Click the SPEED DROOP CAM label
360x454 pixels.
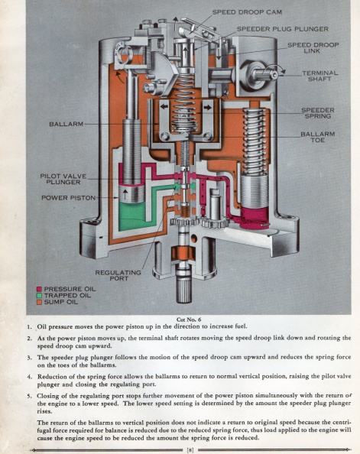(247, 12)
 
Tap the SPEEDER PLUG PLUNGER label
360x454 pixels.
(283, 29)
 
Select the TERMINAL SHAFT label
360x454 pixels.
(319, 76)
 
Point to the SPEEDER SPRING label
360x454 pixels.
(318, 113)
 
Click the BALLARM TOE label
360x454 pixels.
(318, 137)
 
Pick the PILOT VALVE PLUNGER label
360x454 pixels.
(63, 179)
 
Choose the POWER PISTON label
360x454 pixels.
(68, 198)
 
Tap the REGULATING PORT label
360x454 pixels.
(118, 275)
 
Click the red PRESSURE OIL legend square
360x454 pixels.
(39, 289)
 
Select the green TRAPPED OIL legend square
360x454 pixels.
(39, 296)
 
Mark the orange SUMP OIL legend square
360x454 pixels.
(39, 302)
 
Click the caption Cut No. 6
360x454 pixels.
(189, 319)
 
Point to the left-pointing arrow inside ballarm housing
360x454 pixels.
(164, 106)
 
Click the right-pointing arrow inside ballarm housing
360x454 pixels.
(207, 108)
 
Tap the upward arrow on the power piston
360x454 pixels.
(125, 193)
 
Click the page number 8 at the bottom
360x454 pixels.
(190, 449)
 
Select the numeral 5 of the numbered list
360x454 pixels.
(29, 396)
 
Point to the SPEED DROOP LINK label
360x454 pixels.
(313, 48)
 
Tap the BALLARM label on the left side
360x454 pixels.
(66, 124)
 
